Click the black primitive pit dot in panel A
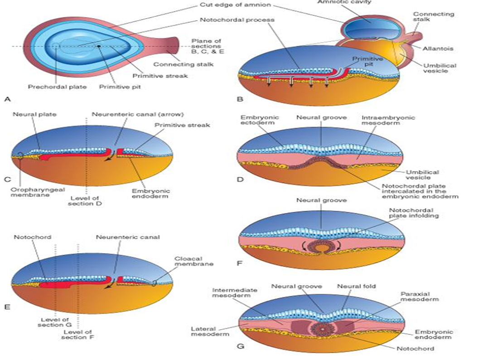(99, 46)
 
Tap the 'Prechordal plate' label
(58, 87)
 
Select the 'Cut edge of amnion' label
(235, 5)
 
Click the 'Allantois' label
(438, 48)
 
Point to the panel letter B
(240, 99)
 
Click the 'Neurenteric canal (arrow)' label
(138, 114)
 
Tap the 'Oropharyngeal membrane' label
(38, 192)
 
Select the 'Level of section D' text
(85, 201)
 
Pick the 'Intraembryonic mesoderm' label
(388, 120)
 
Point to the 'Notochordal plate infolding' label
(414, 213)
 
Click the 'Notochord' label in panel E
(32, 237)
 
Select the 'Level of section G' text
(55, 322)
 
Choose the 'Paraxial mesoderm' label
(420, 297)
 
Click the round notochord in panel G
(323, 329)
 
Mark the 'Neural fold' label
(356, 286)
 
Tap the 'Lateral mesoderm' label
(210, 331)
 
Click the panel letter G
(241, 346)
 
